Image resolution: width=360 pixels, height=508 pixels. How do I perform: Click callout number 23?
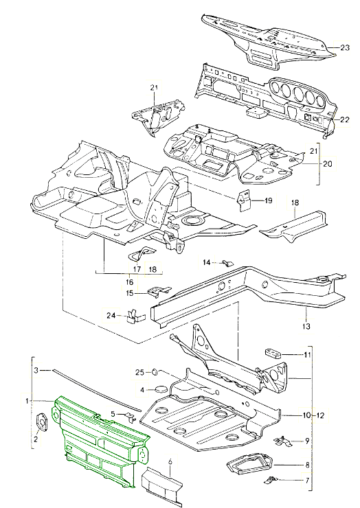click(x=344, y=47)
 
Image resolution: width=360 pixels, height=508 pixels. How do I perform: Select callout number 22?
click(x=344, y=119)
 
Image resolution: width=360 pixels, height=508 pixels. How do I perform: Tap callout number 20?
click(x=328, y=163)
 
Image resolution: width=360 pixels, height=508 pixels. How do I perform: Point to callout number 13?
click(x=306, y=326)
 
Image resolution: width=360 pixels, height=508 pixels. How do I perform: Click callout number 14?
click(x=207, y=262)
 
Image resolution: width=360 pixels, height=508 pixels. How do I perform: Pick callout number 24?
click(x=111, y=315)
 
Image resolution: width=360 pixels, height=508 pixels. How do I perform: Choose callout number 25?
click(x=139, y=373)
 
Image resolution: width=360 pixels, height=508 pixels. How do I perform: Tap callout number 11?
click(x=307, y=355)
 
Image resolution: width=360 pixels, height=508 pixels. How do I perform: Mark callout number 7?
click(x=307, y=481)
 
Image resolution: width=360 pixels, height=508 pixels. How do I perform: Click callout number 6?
click(x=171, y=462)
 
